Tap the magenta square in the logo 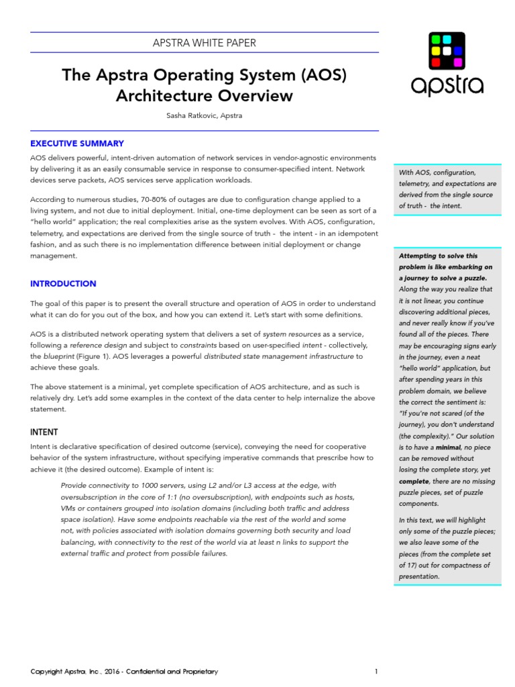459,62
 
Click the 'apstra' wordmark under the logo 447,85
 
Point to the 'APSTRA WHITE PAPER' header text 205,43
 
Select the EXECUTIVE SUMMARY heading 77,144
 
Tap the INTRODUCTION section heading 63,284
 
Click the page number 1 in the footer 376,672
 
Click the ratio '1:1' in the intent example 168,496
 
